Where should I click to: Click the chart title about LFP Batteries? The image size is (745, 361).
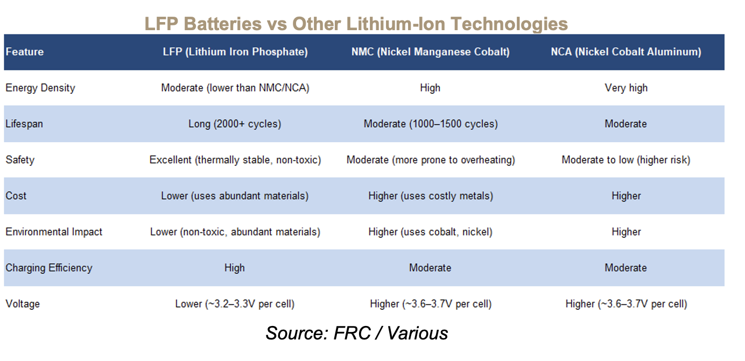pos(356,24)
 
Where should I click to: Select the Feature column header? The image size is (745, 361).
pos(25,52)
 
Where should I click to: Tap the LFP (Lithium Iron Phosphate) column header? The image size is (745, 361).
pos(235,52)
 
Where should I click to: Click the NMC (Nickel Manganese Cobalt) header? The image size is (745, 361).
pos(431,52)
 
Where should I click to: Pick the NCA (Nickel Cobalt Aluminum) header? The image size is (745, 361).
pos(626,52)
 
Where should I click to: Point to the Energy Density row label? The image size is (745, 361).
pos(40,88)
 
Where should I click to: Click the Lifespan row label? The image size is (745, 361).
pos(24,124)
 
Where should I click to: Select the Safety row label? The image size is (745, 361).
pos(20,160)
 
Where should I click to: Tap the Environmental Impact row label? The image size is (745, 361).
pos(54,232)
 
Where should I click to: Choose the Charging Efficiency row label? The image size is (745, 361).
pos(49,268)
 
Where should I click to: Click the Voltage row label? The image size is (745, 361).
pos(23,304)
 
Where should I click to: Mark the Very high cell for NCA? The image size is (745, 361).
pos(626,88)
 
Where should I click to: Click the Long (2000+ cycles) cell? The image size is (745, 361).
pos(235,124)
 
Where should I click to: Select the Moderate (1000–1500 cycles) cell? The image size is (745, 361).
pos(431,124)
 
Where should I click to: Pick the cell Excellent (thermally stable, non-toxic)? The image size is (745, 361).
pos(235,160)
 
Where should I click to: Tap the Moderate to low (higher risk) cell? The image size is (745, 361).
pos(626,160)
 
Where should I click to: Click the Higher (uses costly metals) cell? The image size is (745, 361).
pos(431,196)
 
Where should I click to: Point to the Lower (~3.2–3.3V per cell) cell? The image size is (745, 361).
pos(235,304)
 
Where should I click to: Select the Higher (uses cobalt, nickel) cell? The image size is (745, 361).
pos(431,232)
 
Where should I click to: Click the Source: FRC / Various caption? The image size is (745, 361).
pos(357,333)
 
